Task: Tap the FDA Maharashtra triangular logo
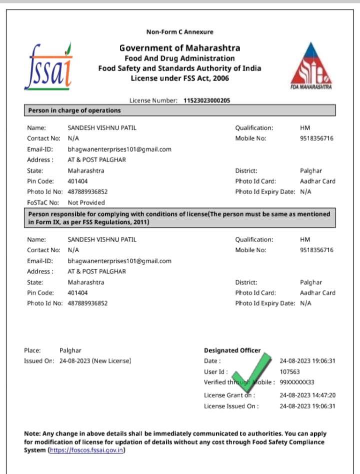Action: pos(311,66)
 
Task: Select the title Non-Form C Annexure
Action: pos(179,32)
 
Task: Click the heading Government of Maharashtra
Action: pos(179,48)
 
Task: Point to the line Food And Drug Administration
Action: pos(179,58)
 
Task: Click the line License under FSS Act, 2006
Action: pos(179,78)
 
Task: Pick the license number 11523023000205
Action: pos(207,101)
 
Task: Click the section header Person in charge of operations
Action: pos(74,110)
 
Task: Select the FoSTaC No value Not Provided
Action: pos(86,203)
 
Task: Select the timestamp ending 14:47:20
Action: pos(307,395)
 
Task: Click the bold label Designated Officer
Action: pos(232,350)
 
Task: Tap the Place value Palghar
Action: pos(70,351)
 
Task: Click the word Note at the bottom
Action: pos(32,433)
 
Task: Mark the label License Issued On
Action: pos(231,406)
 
